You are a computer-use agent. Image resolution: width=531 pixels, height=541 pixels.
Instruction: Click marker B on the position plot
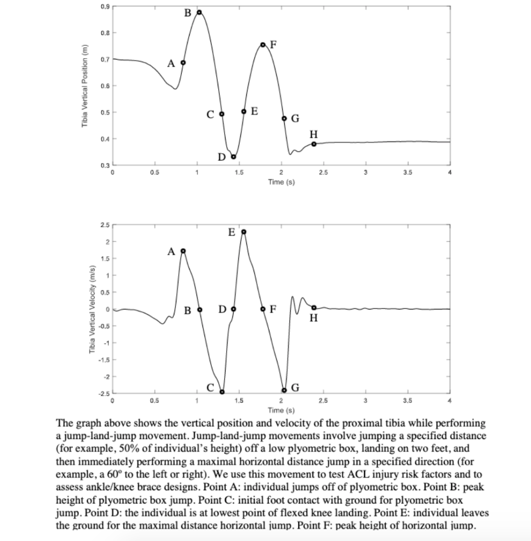tap(199, 12)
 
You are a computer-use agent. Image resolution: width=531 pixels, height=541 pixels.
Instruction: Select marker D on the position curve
tap(234, 156)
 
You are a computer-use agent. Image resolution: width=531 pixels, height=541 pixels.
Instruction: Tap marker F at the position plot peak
tap(263, 45)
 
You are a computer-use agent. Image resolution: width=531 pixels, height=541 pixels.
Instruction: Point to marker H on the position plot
tap(314, 144)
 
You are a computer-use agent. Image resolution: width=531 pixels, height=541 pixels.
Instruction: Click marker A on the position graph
tap(183, 62)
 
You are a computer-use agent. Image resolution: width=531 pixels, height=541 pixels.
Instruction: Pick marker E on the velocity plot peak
tap(244, 231)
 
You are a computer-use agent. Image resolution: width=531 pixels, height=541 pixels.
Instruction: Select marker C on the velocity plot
tap(222, 391)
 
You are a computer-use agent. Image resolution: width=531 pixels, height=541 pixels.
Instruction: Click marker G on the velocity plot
tap(284, 390)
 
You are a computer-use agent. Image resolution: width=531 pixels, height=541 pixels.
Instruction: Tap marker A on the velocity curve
tap(183, 250)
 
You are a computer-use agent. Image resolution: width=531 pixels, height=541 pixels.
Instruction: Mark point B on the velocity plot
tap(200, 309)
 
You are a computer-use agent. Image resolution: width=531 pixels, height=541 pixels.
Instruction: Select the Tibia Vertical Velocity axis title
tap(92, 312)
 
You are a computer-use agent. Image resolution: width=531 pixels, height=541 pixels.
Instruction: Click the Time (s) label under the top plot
tap(281, 182)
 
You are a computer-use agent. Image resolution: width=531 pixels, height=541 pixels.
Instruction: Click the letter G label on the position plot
tap(295, 118)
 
